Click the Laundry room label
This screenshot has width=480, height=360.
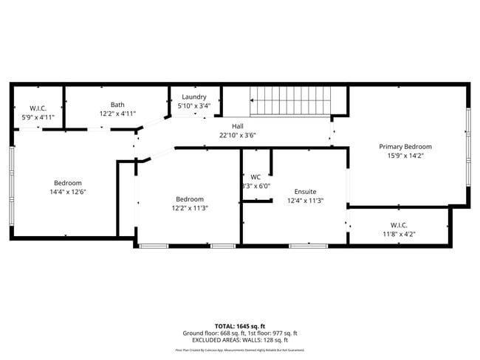pyautogui.click(x=194, y=97)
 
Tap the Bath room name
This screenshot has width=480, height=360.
pyautogui.click(x=118, y=105)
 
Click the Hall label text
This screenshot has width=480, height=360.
pyautogui.click(x=238, y=126)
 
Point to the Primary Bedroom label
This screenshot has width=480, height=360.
pyautogui.click(x=405, y=146)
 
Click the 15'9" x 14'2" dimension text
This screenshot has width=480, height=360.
pyautogui.click(x=405, y=156)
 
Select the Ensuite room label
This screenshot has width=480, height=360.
pyautogui.click(x=304, y=191)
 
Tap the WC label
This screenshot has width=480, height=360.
pyautogui.click(x=256, y=177)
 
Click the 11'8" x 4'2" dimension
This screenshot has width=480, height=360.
pyautogui.click(x=399, y=234)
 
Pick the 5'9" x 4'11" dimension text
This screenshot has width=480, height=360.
pyautogui.click(x=38, y=117)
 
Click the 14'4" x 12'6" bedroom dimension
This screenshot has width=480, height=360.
pyautogui.click(x=67, y=192)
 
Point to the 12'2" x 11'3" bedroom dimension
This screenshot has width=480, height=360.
pyautogui.click(x=190, y=208)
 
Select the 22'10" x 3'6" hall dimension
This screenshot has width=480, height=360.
pyautogui.click(x=238, y=135)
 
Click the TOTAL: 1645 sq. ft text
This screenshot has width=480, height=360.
pyautogui.click(x=239, y=325)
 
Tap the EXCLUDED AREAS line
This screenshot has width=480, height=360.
pyautogui.click(x=239, y=340)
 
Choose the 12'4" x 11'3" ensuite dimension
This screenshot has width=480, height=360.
pyautogui.click(x=304, y=201)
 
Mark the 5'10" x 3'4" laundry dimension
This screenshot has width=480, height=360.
pyautogui.click(x=194, y=106)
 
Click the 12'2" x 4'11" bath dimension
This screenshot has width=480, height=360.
pyautogui.click(x=118, y=114)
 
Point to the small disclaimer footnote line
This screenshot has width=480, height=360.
pyautogui.click(x=239, y=350)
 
